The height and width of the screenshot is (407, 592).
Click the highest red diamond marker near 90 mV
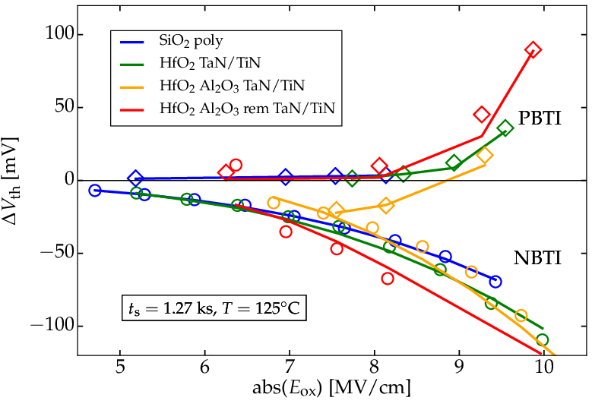[x=533, y=50]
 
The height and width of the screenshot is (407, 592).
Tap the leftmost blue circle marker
[x=95, y=191]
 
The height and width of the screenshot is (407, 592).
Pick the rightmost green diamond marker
[x=505, y=128]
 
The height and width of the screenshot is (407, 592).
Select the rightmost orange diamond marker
[x=485, y=156]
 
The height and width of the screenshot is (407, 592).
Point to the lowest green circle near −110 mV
[x=542, y=340]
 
